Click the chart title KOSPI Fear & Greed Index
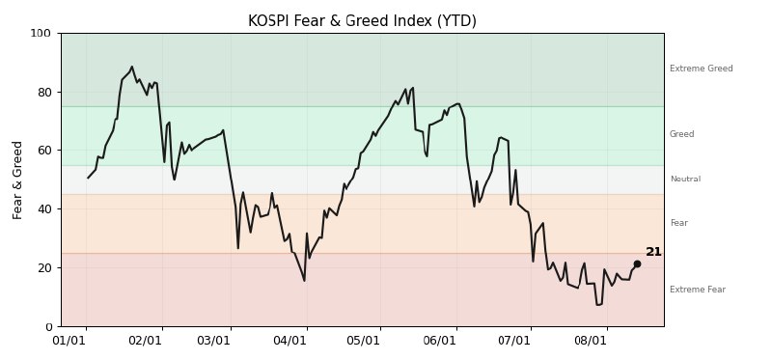coord(362,21)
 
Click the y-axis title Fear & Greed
coord(17,180)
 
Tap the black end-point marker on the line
coord(637,263)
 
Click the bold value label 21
coord(653,252)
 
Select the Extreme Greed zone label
coord(702,69)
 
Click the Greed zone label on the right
coord(682,134)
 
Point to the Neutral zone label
coord(685,180)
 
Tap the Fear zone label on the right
coord(679,223)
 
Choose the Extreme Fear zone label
coord(698,290)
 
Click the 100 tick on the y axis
coord(41,34)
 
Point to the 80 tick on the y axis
coord(43,92)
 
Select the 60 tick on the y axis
coord(43,151)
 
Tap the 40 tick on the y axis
coord(43,208)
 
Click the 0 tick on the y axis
coord(47,326)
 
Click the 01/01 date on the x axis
coord(69,341)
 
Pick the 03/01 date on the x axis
coord(213,341)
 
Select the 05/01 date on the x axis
coord(363,341)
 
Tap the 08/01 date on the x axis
coord(590,341)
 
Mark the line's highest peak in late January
coord(131,67)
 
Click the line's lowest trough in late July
coord(597,305)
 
